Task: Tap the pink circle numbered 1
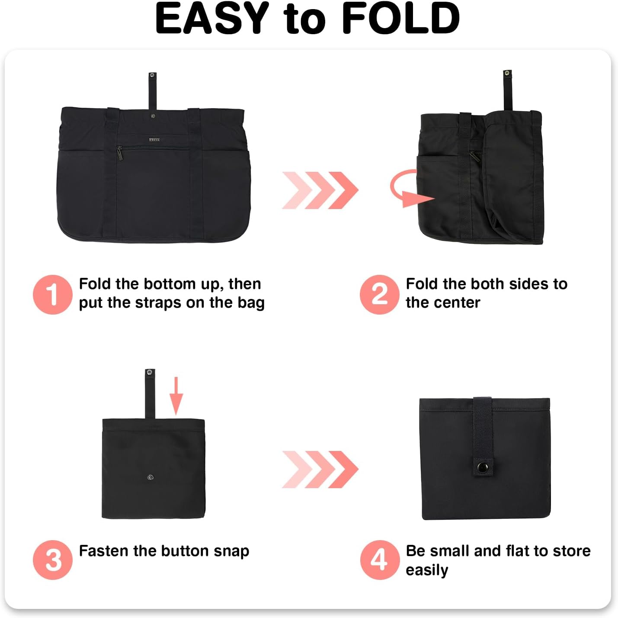52,294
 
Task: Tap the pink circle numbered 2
379,294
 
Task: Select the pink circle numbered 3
52,560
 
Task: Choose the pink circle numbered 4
379,560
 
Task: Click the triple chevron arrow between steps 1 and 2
320,190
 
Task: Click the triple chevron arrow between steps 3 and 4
320,469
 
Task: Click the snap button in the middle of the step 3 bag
150,477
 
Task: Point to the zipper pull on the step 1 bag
119,154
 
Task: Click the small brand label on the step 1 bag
154,140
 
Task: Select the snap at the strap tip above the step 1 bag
152,76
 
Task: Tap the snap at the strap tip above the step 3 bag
150,372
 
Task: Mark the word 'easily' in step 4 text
426,570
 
